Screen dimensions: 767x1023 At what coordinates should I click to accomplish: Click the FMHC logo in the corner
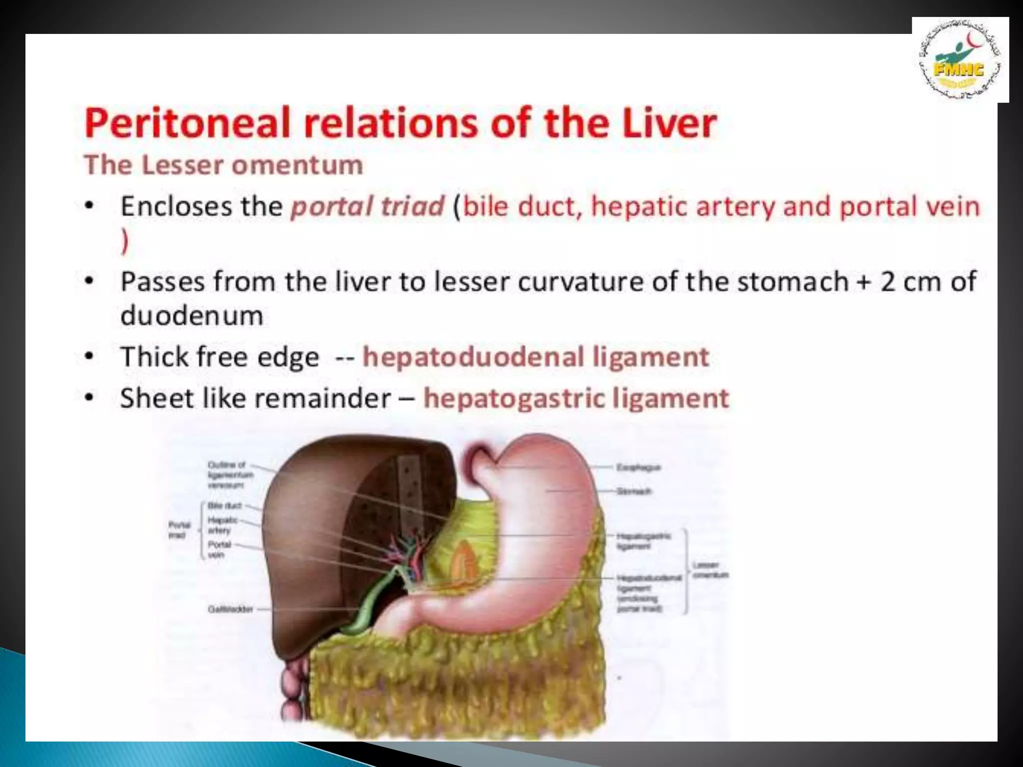coord(960,60)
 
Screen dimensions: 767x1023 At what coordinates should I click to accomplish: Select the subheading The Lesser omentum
coord(223,165)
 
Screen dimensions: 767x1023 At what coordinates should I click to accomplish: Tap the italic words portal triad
coord(367,206)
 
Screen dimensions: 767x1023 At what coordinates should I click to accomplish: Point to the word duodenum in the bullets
coord(192,316)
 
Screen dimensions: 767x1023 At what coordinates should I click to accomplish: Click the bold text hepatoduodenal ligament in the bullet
coord(535,357)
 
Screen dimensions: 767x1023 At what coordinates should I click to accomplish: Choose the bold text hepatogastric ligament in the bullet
coord(576,398)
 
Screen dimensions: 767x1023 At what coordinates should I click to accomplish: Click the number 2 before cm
coord(888,282)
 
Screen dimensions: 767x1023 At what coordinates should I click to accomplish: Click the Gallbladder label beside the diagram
coord(230,609)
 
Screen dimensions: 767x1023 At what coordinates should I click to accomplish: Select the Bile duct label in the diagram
coord(225,505)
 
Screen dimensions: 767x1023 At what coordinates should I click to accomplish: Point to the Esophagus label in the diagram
coord(638,467)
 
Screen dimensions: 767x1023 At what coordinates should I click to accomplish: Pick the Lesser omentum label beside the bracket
coord(710,570)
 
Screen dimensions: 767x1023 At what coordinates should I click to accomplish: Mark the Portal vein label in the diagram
coord(219,549)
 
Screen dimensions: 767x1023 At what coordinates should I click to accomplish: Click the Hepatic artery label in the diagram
coord(222,525)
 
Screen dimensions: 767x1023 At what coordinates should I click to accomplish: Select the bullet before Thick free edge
coord(89,357)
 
